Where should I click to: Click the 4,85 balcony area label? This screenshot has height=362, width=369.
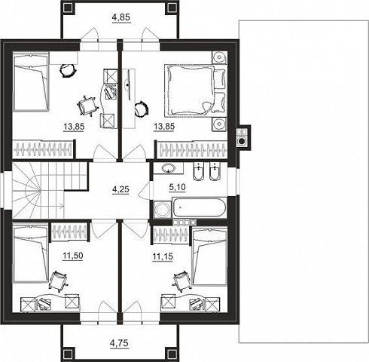(121, 17)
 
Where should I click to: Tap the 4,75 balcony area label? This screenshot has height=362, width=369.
(120, 343)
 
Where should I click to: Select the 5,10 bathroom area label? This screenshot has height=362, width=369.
(178, 187)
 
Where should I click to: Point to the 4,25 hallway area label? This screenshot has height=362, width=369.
(120, 189)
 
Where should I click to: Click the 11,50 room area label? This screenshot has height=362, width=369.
(72, 256)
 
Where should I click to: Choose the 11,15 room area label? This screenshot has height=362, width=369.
(163, 256)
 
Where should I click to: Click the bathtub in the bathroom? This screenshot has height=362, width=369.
(199, 207)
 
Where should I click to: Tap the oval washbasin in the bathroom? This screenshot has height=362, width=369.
(169, 168)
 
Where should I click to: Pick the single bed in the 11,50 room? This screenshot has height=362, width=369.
(30, 254)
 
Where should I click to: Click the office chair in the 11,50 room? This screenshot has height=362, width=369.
(59, 281)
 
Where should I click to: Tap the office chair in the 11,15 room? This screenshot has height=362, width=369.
(181, 281)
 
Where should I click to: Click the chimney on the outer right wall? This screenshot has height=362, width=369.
(243, 138)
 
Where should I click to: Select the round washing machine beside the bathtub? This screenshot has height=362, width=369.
(161, 209)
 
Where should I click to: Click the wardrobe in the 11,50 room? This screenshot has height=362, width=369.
(69, 232)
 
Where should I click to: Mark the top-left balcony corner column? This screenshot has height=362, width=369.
(68, 8)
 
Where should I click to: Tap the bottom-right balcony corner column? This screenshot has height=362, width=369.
(172, 354)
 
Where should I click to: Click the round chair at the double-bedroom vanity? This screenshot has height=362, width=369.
(141, 109)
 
